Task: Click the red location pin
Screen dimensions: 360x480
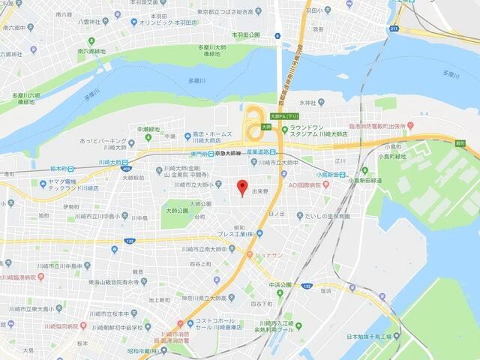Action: tap(241, 187)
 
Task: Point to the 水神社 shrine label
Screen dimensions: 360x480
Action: tap(309, 103)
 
